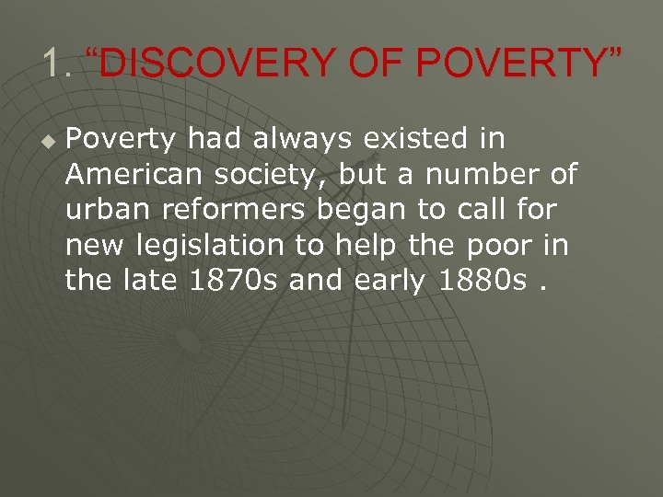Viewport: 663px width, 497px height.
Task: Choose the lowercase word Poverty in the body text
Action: pos(121,139)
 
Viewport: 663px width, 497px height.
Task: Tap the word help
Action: pos(366,246)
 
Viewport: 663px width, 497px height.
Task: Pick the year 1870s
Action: pos(232,281)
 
